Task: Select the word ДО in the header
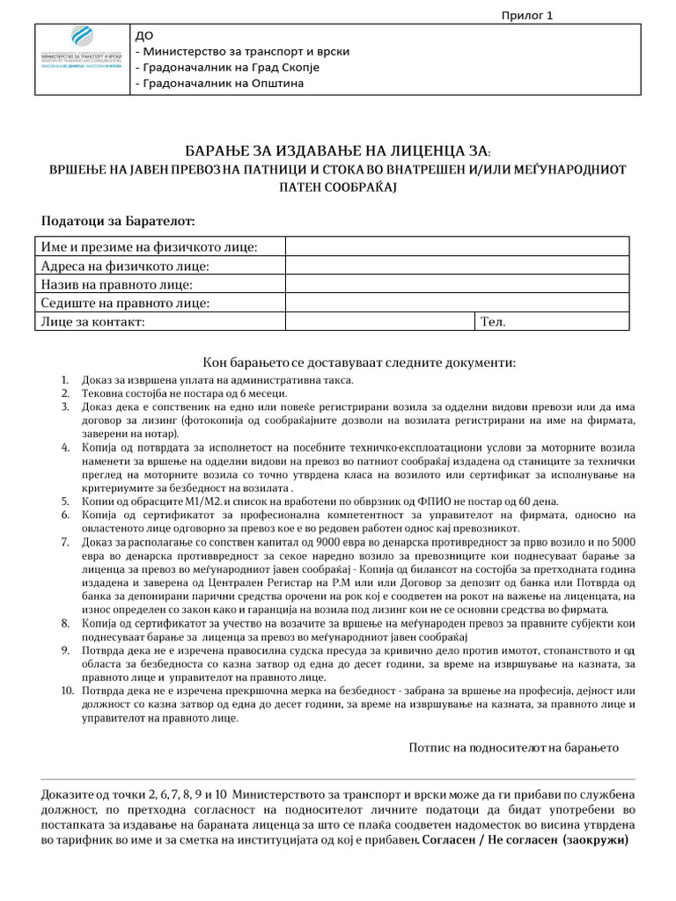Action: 143,35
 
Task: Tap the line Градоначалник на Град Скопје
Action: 226,68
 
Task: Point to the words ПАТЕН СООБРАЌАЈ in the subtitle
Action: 337,187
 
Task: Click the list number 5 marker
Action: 66,501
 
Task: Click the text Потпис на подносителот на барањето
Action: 514,748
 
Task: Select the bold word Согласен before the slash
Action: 455,839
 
